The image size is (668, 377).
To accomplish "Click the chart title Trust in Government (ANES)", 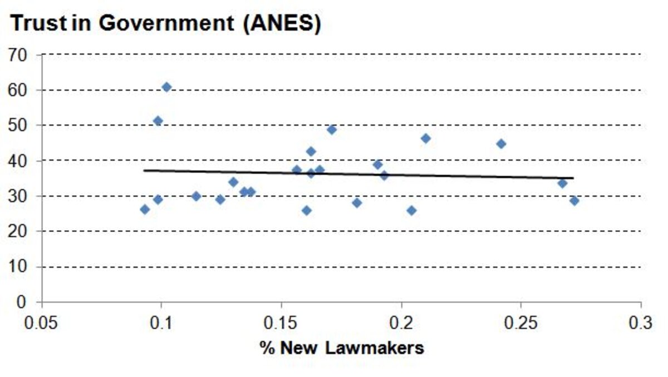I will [165, 24].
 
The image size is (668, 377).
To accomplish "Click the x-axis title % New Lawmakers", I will [341, 349].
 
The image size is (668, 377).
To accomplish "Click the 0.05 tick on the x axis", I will [42, 323].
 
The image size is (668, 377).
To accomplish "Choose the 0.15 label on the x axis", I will [281, 323].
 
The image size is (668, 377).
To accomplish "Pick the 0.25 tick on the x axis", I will [520, 323].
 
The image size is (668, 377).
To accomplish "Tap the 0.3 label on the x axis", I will [640, 323].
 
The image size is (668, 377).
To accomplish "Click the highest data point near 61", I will [166, 87].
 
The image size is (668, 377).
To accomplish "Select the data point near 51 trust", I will [158, 121].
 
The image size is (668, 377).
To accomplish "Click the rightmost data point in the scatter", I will [574, 201].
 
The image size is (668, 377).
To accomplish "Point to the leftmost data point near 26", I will [145, 209].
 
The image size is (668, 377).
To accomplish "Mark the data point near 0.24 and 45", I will [501, 144].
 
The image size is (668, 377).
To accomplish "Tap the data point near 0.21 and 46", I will [426, 138].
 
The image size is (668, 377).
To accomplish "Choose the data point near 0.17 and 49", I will [332, 130].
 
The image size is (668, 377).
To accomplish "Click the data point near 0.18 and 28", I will [357, 203].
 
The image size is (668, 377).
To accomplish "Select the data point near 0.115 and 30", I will [196, 196].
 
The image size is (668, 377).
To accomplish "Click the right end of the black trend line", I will [573, 178].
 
